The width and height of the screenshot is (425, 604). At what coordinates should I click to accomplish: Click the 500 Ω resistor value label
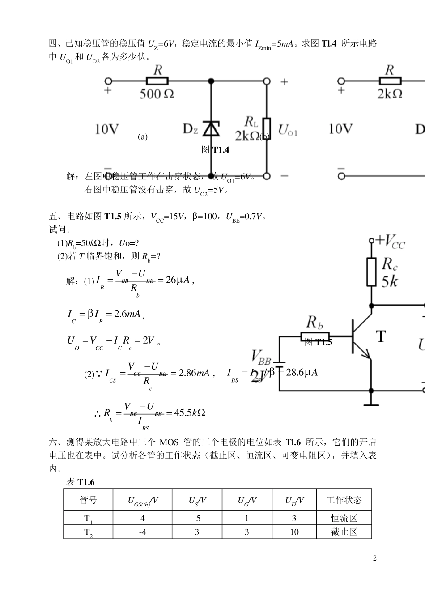(157, 94)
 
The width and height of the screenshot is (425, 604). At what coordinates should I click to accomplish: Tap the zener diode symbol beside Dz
(211, 128)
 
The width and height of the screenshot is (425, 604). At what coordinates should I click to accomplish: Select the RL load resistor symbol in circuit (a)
(266, 129)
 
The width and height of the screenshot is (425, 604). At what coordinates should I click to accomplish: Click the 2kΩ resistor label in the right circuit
(390, 94)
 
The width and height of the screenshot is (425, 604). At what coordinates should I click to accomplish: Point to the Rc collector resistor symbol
(371, 272)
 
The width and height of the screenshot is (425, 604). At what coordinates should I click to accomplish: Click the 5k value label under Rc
(389, 281)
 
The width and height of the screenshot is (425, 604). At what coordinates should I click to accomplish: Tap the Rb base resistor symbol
(315, 336)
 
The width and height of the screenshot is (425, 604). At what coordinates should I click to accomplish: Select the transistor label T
(380, 336)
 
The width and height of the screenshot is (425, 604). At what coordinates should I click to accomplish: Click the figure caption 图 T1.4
(215, 150)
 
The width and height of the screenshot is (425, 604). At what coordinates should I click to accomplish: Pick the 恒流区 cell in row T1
(344, 518)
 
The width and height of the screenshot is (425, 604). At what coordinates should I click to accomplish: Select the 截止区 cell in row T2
(344, 532)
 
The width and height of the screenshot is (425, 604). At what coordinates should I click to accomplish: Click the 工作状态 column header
(344, 500)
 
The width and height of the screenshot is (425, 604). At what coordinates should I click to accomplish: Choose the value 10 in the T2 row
(294, 532)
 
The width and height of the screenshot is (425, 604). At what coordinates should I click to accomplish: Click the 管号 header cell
(88, 500)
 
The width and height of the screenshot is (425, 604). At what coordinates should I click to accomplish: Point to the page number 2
(375, 558)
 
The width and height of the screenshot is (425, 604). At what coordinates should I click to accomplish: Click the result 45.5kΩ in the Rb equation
(189, 413)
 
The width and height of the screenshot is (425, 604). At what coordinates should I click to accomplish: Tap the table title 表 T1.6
(80, 482)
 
